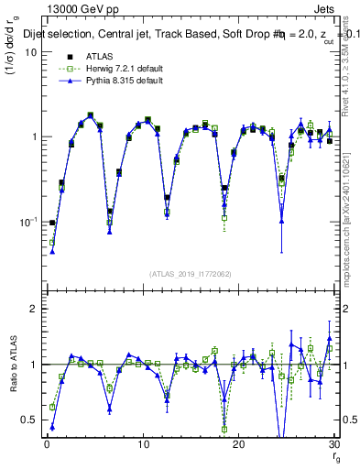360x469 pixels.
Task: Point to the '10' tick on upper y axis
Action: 31,52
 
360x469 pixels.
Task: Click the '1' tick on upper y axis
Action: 34,137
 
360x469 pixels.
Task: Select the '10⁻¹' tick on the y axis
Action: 29,223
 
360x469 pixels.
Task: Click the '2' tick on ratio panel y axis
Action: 34,310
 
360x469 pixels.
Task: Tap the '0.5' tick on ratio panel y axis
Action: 29,420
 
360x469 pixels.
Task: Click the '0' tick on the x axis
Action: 46,444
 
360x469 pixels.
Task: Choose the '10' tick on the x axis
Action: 142,444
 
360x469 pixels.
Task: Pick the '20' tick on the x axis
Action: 238,444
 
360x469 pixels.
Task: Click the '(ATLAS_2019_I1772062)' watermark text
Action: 190,273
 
